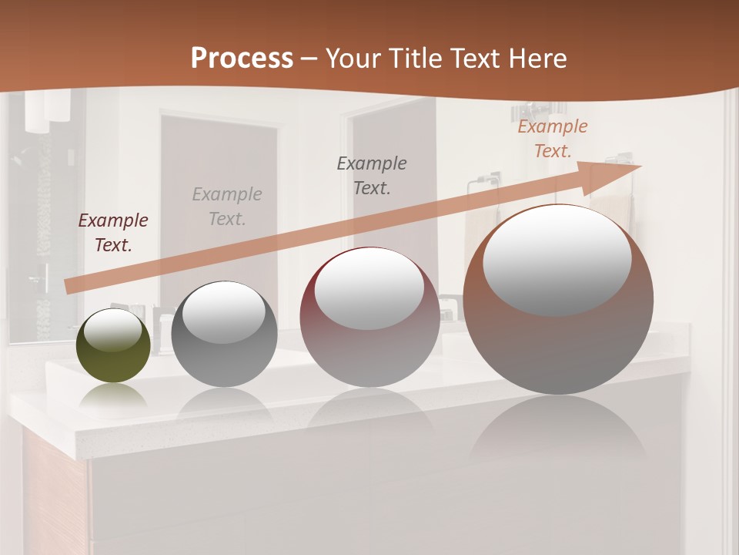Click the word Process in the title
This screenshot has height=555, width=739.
[242, 59]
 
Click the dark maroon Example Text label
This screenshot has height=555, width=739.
[113, 233]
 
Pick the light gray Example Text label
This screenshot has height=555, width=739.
[227, 207]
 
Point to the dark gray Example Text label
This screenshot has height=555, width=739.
[372, 176]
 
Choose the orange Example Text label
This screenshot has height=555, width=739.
[553, 139]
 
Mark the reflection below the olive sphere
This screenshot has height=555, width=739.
[113, 397]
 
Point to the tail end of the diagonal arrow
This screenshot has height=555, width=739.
[69, 286]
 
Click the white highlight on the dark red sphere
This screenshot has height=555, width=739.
[369, 289]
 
